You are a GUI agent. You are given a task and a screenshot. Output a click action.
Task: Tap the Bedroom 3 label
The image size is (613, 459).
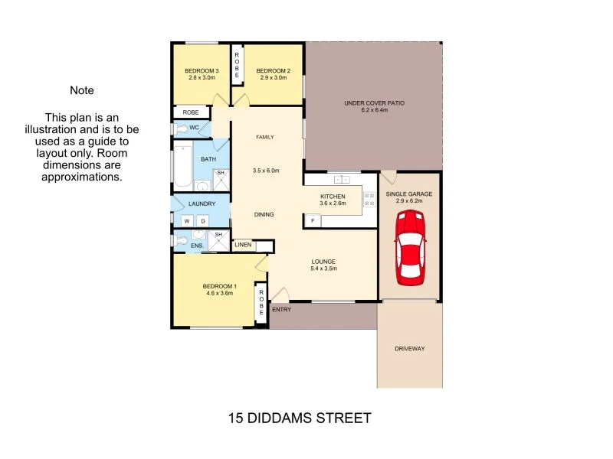(x=202, y=73)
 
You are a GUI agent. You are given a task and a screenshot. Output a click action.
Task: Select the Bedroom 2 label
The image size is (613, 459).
(x=273, y=73)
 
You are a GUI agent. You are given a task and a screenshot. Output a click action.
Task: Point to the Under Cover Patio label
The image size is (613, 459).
(x=373, y=106)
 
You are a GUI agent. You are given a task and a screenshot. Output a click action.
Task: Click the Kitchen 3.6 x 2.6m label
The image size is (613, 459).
(x=333, y=200)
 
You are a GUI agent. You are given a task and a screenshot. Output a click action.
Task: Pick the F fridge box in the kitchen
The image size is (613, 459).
(x=312, y=221)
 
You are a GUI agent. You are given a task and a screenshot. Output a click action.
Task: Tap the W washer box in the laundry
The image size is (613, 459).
(x=185, y=221)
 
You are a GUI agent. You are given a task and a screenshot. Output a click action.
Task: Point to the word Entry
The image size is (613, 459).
(x=281, y=310)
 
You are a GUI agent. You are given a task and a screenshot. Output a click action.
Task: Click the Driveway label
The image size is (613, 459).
(x=409, y=349)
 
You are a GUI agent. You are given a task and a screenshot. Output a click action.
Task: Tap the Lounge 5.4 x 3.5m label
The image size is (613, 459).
(x=323, y=265)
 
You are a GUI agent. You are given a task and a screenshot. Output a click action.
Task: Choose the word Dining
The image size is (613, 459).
(x=264, y=215)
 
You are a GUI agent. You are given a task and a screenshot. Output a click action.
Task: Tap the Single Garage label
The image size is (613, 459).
(x=414, y=197)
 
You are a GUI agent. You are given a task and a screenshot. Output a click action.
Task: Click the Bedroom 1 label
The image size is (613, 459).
(x=219, y=289)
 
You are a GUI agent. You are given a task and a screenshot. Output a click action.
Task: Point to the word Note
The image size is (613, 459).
(x=82, y=90)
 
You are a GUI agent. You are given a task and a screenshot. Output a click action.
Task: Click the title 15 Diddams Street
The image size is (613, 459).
(x=300, y=418)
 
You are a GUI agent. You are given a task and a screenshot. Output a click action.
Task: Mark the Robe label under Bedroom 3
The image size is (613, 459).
(x=191, y=112)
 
